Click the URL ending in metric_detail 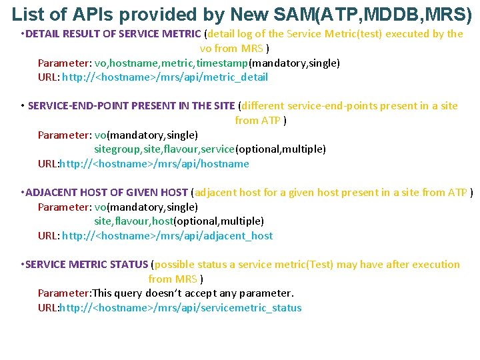[165, 77]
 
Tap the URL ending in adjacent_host [167, 236]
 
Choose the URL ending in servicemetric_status [181, 308]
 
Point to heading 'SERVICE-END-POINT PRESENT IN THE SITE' [131, 106]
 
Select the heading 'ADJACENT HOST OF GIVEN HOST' [107, 193]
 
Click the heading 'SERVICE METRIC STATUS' [87, 265]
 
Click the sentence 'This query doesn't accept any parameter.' [193, 293]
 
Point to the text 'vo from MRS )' [235, 49]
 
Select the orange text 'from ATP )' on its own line [261, 121]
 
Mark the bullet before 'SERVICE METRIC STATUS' [23, 265]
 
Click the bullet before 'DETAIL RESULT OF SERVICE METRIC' [23, 34]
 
